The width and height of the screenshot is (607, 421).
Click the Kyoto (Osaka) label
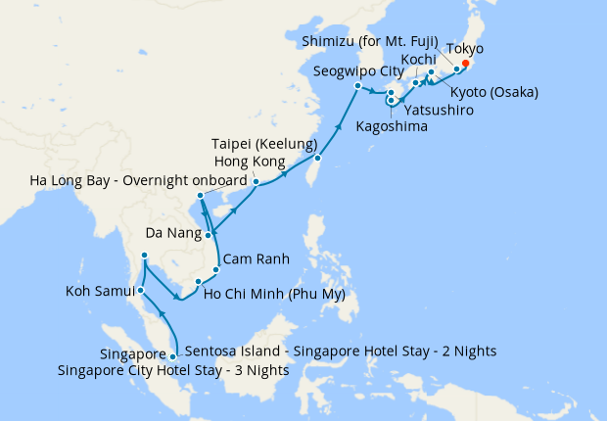coord(495,93)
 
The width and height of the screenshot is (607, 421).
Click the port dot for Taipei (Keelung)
coord(318,158)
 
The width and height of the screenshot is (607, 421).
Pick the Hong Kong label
coord(249,162)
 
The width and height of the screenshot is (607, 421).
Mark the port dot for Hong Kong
coord(256,182)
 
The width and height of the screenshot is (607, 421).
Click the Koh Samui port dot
coord(141,291)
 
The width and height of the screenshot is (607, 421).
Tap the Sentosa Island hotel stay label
coord(339,351)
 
